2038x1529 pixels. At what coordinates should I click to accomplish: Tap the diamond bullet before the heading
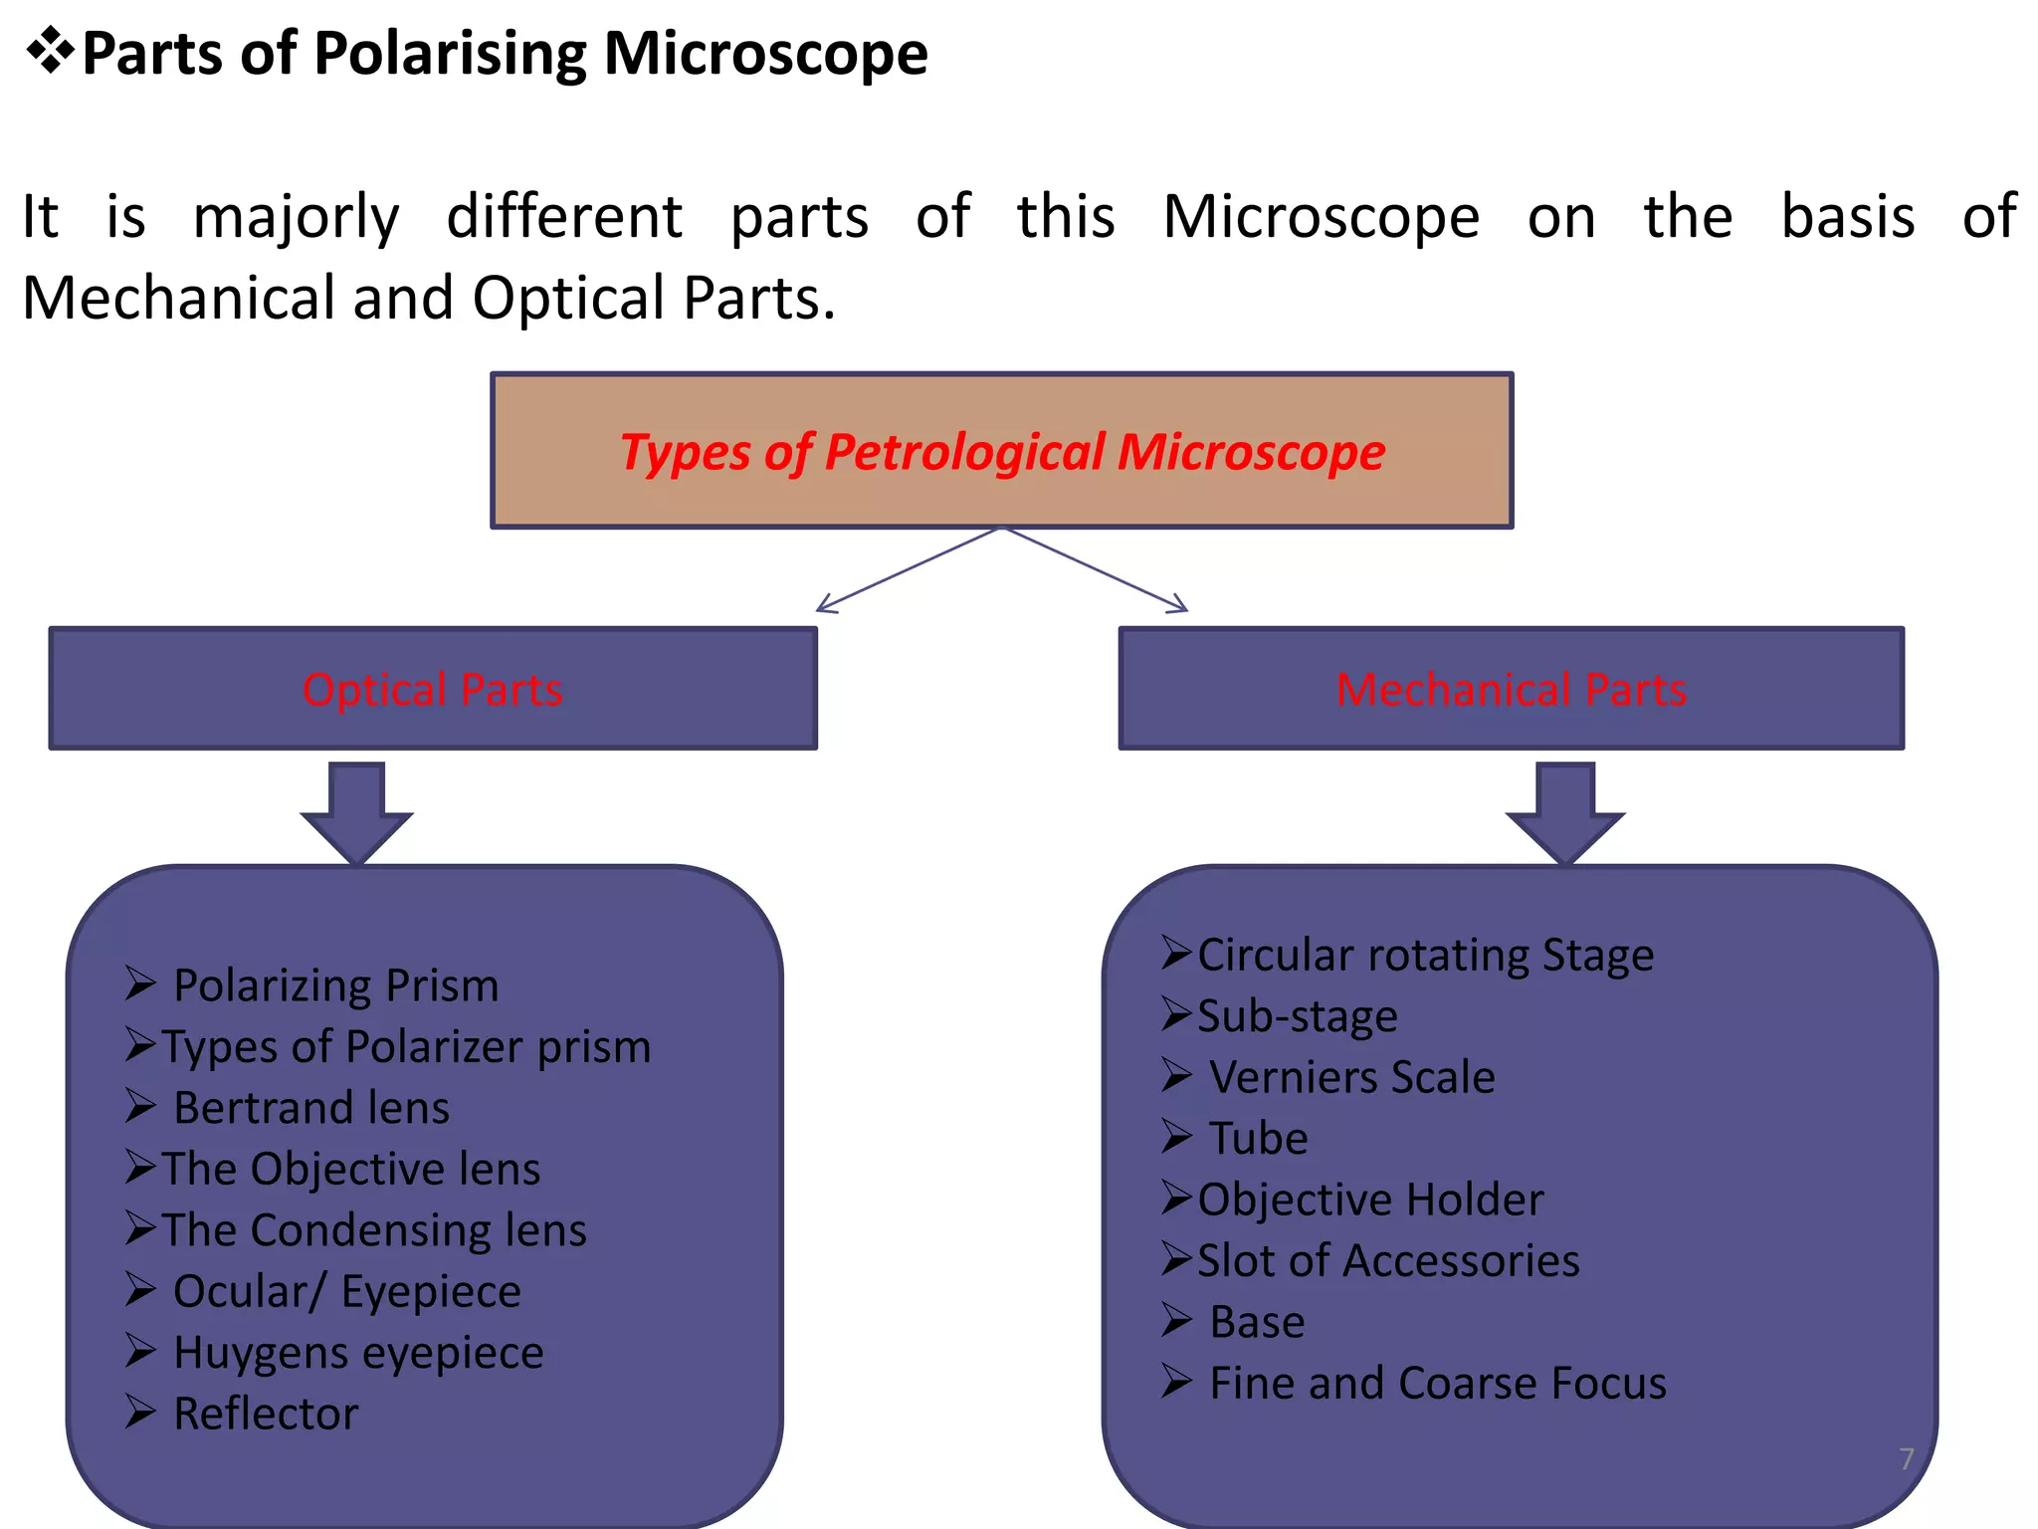click(50, 51)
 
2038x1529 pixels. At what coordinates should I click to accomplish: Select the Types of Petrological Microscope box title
click(1002, 452)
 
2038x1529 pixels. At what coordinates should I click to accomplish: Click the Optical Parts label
click(432, 689)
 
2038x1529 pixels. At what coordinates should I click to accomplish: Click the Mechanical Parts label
click(1511, 689)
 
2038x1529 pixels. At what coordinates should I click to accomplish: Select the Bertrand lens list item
click(310, 1108)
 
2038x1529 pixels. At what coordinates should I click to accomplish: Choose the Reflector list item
click(265, 1414)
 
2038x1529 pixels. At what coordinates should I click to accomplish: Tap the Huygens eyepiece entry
click(358, 1352)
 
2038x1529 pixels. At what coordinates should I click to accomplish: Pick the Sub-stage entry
click(1297, 1016)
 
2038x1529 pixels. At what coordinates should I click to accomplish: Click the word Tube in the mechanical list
click(1258, 1138)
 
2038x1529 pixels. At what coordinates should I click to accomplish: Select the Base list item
click(1256, 1322)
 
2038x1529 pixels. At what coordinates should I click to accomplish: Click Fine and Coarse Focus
click(1437, 1384)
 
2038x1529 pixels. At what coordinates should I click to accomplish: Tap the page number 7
click(1906, 1459)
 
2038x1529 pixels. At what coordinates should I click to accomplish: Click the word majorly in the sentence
click(296, 217)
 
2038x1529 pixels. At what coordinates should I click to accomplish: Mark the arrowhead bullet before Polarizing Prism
click(140, 983)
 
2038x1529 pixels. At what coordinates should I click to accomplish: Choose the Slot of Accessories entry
click(1387, 1260)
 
